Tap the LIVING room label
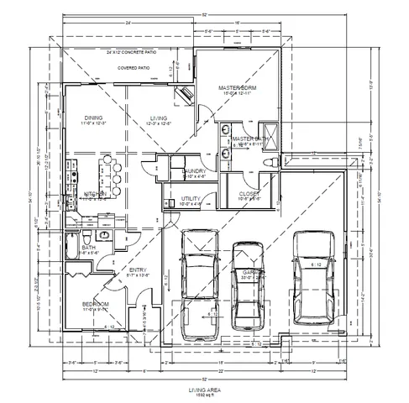tap(158, 118)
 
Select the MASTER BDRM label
tap(238, 89)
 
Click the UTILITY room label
tap(191, 198)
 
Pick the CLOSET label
tap(249, 194)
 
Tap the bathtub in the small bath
tap(71, 249)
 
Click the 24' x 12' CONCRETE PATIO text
tap(132, 52)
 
